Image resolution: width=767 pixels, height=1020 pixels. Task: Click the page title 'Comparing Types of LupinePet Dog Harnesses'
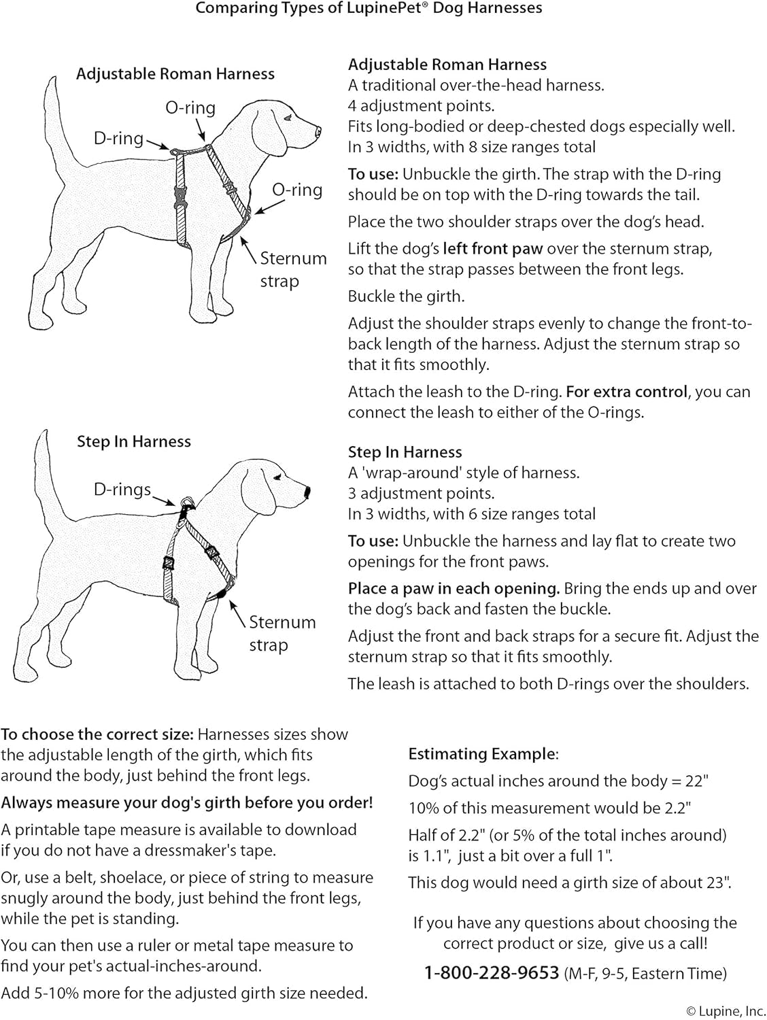click(369, 9)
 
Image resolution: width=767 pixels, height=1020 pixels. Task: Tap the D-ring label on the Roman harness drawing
click(118, 139)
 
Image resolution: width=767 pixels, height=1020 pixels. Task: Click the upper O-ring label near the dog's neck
click(190, 108)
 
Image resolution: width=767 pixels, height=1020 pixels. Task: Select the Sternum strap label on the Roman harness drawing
click(292, 269)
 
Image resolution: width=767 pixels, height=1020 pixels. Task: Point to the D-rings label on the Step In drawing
click(122, 489)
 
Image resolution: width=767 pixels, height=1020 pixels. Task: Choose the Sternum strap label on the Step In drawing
click(282, 633)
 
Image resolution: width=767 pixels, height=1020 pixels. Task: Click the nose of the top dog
click(318, 130)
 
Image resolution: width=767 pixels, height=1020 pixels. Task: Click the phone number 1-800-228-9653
click(491, 973)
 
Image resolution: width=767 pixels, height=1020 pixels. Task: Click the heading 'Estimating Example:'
click(483, 754)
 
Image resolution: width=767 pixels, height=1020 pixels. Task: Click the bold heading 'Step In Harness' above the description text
click(405, 452)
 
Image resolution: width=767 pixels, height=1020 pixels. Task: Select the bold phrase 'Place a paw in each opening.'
click(454, 589)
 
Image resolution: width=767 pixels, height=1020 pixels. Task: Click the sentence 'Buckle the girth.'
click(406, 296)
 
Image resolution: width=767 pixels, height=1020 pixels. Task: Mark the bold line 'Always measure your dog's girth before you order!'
click(187, 802)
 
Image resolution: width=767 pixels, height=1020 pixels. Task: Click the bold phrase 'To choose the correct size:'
click(97, 734)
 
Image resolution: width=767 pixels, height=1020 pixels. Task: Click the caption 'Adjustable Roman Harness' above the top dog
click(175, 74)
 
